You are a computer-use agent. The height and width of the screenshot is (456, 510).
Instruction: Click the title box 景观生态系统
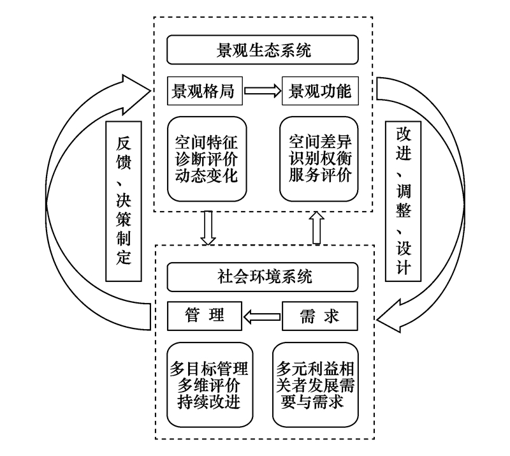[263, 50]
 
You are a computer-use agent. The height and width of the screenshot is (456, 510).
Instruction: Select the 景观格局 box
[205, 91]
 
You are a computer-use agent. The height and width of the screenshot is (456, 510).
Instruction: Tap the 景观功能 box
[320, 91]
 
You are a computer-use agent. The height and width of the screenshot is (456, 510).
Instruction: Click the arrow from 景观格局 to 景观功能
[263, 91]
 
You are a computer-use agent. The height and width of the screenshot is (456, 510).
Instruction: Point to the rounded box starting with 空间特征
[207, 159]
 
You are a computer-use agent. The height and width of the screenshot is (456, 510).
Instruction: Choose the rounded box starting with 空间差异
[319, 159]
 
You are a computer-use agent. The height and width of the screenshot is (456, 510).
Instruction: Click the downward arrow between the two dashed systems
[208, 228]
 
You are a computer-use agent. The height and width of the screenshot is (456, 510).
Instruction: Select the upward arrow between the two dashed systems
[317, 228]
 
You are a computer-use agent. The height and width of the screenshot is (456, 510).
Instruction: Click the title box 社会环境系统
[263, 277]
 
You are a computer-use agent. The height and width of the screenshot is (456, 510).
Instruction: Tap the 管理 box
[205, 316]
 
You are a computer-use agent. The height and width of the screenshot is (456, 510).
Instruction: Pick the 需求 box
[320, 316]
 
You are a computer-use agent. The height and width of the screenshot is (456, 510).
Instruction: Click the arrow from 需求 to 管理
[262, 317]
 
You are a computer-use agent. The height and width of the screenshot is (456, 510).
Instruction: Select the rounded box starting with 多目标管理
[210, 385]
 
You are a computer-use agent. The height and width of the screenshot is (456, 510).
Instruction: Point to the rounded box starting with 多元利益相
[316, 385]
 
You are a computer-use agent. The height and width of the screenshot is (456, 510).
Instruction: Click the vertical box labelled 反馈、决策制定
[124, 201]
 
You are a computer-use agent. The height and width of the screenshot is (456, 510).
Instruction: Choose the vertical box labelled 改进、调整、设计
[403, 201]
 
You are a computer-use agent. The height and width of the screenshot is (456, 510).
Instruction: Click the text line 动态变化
[207, 176]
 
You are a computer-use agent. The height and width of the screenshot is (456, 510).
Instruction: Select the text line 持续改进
[209, 402]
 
